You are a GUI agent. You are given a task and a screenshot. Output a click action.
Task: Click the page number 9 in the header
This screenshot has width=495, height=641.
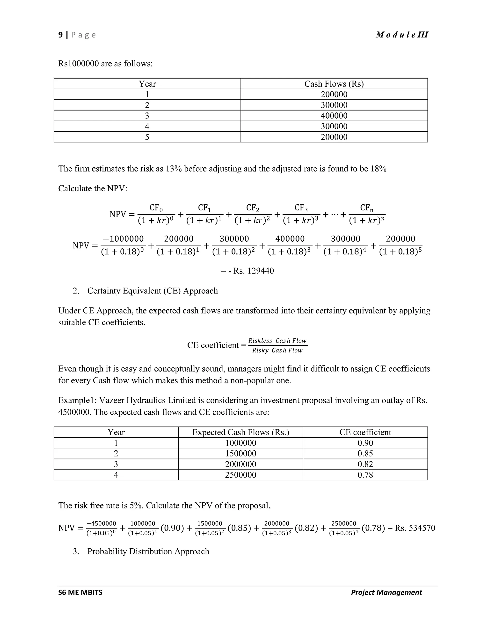[x=61, y=35]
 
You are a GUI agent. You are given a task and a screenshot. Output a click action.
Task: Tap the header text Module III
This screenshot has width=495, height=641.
[x=402, y=35]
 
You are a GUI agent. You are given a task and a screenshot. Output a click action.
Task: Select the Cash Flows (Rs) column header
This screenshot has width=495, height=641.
[x=334, y=84]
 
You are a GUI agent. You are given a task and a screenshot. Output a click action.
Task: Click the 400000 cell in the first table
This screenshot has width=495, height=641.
[x=334, y=116]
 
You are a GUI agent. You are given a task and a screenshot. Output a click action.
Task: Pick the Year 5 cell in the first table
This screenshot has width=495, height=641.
[x=147, y=137]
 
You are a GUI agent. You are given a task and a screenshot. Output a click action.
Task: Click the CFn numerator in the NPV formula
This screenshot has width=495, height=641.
[x=367, y=208]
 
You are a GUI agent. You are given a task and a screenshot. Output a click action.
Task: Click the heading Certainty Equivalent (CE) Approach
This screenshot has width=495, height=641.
[x=153, y=291]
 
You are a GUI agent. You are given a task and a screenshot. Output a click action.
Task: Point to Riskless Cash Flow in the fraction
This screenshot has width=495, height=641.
[x=277, y=341]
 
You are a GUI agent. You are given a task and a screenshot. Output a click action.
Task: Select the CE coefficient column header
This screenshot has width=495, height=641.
[x=365, y=432]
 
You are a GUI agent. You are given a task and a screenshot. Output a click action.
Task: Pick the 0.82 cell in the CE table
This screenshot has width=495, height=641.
[x=365, y=464]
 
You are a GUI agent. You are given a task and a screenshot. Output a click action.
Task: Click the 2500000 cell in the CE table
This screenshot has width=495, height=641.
[x=240, y=475]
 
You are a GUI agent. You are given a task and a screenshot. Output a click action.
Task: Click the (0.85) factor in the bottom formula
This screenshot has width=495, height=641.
[x=239, y=528]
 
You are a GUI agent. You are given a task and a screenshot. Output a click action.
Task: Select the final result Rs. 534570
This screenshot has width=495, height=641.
[x=415, y=528]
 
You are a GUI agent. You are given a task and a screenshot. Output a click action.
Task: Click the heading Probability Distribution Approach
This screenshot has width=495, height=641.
[x=148, y=552]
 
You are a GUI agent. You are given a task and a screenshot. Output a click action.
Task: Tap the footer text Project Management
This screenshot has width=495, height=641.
[x=386, y=593]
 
